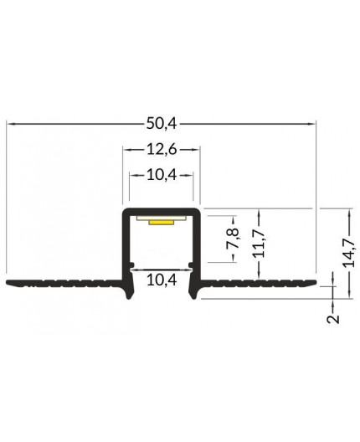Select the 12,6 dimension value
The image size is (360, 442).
click(162, 152)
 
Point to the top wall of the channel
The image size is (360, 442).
click(162, 208)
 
